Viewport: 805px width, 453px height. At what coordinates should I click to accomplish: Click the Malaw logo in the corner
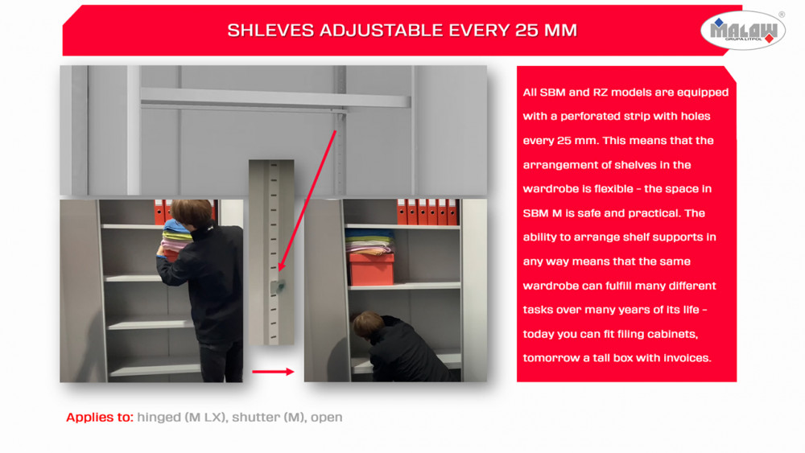click(742, 31)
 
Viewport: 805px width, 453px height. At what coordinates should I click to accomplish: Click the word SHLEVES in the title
click(270, 31)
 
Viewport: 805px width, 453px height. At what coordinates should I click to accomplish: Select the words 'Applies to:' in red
click(99, 417)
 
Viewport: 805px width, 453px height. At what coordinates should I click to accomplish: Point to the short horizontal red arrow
click(273, 372)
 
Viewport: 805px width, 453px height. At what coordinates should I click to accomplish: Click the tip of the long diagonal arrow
click(280, 270)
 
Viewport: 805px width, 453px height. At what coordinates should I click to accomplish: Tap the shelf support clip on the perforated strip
click(278, 286)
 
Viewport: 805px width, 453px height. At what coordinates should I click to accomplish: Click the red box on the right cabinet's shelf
click(371, 268)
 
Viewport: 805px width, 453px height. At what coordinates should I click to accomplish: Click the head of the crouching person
click(368, 324)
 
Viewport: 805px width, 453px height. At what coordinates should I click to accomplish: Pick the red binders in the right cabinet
click(427, 212)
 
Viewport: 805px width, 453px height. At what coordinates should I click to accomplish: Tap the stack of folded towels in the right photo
click(369, 241)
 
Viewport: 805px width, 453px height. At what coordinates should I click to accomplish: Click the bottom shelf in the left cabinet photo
click(155, 369)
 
